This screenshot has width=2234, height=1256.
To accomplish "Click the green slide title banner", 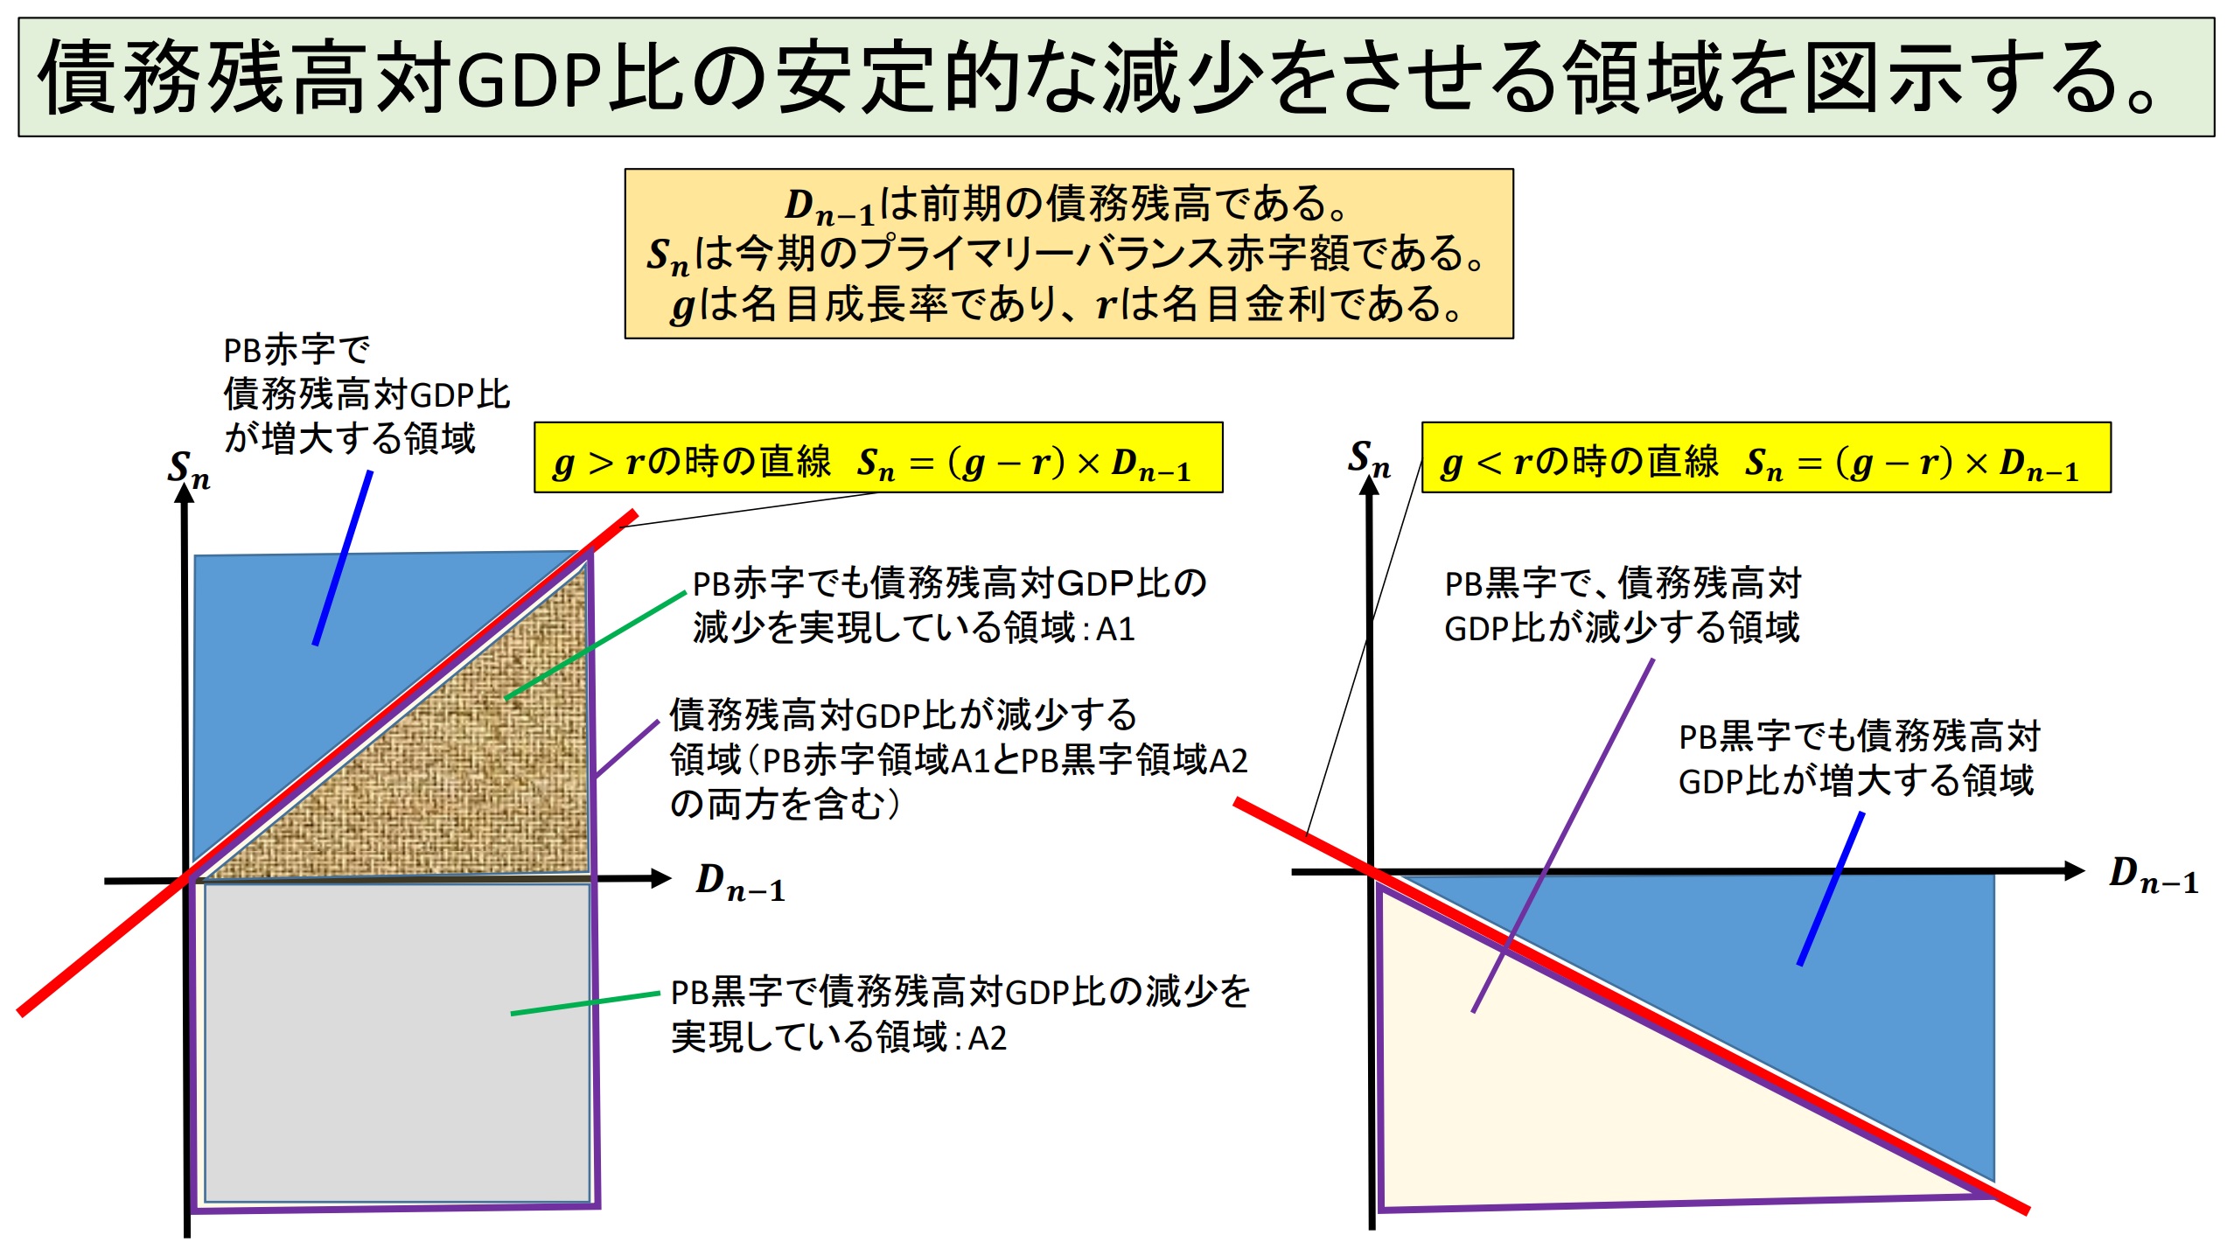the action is point(1116,77).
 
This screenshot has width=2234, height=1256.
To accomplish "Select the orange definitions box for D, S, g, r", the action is point(1069,254).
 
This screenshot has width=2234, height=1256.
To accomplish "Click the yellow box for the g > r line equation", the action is point(878,458).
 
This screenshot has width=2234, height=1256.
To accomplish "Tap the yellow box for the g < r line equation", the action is point(1766,458).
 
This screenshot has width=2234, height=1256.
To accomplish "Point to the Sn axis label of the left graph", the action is point(189,470).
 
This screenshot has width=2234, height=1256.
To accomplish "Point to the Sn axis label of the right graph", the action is point(1369,459).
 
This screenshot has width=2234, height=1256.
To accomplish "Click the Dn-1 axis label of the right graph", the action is point(2154,875).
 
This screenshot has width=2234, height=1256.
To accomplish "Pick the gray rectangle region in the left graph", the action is point(397,1043).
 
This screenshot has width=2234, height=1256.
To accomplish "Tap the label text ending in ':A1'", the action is point(949,605).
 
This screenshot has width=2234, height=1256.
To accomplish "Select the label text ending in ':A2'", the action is point(960,1015).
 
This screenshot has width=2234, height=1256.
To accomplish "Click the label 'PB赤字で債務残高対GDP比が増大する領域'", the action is point(367,394).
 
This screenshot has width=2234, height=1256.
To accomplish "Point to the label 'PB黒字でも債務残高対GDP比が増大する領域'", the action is point(1858,758).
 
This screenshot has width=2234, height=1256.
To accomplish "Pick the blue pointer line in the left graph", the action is point(343,558).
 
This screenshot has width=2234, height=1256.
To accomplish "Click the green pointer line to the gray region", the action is point(585,1003).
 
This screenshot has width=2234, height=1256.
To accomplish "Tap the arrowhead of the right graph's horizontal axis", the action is point(2075,870).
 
